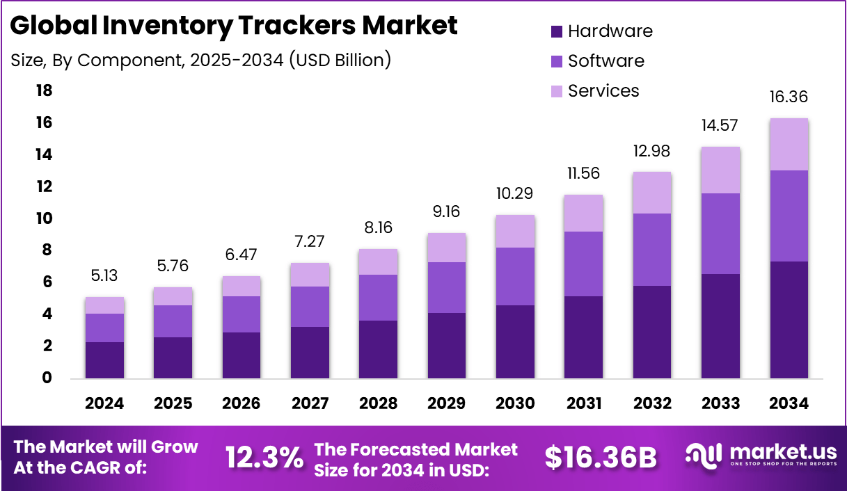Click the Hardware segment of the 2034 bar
click(x=789, y=320)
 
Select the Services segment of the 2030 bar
click(x=515, y=231)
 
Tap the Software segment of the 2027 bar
click(x=310, y=307)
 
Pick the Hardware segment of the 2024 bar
click(x=104, y=360)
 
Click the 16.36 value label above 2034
click(x=789, y=97)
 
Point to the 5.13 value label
click(x=104, y=276)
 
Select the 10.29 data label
click(x=515, y=193)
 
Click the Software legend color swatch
click(x=556, y=61)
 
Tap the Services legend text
click(x=603, y=91)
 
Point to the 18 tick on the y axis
click(x=44, y=91)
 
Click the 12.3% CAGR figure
click(x=264, y=458)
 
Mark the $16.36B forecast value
click(x=601, y=458)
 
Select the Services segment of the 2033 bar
click(x=720, y=170)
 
